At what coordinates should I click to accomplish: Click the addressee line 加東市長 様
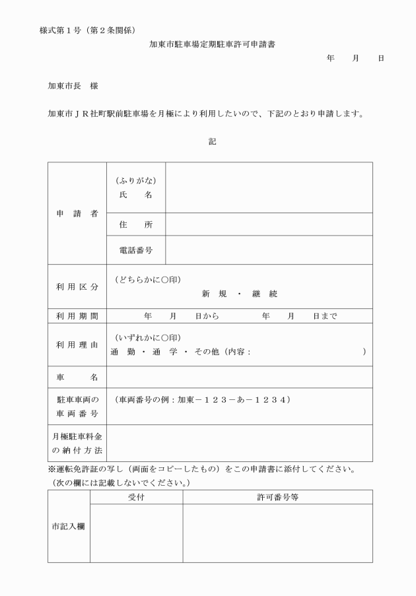click(x=73, y=86)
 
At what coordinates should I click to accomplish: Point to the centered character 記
click(x=212, y=141)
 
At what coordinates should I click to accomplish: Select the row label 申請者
click(x=77, y=213)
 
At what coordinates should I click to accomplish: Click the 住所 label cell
click(x=135, y=224)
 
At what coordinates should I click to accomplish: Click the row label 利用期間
click(x=77, y=316)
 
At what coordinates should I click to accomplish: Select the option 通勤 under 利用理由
click(x=123, y=352)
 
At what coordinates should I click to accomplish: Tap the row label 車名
click(x=77, y=377)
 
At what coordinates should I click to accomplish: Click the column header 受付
click(x=136, y=497)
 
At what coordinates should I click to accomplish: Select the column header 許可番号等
click(x=277, y=497)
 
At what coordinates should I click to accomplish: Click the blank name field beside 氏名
click(x=268, y=187)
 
